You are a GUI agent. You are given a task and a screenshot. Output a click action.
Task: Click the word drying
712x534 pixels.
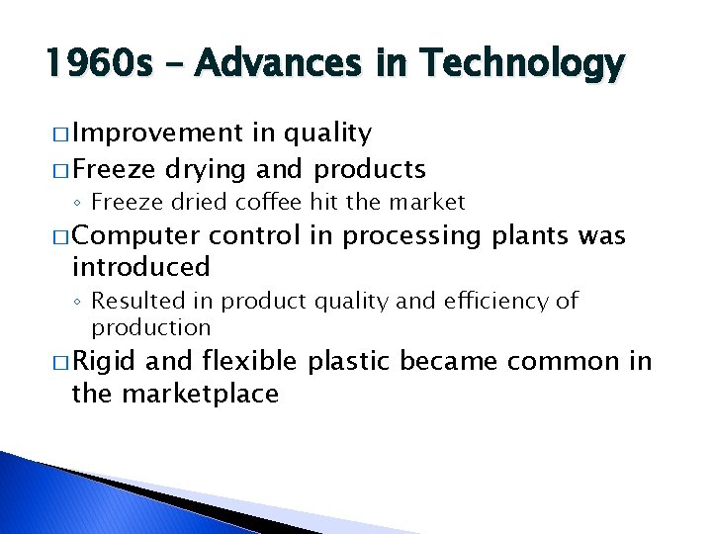pyautogui.click(x=212, y=169)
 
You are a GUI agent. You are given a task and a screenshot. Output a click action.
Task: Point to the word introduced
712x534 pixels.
pyautogui.click(x=140, y=266)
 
